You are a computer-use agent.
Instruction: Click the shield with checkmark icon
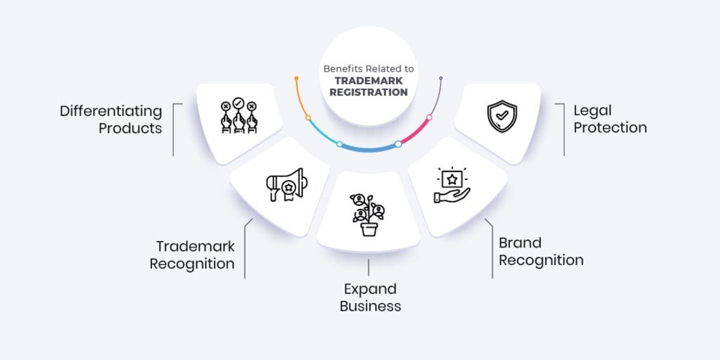(x=502, y=117)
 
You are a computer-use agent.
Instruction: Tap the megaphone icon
(x=285, y=185)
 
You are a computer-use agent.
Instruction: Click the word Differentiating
(x=110, y=112)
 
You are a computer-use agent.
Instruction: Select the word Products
(x=130, y=129)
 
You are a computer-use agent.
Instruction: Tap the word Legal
(x=593, y=110)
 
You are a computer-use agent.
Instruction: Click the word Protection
(x=610, y=128)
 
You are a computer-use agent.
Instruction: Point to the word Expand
(x=370, y=289)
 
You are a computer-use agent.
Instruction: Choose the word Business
(x=371, y=306)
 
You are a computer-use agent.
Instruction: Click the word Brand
(x=520, y=243)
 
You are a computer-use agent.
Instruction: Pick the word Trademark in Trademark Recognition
(x=195, y=247)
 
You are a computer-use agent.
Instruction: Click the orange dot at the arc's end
(x=297, y=77)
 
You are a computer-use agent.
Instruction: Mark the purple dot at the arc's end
(x=441, y=78)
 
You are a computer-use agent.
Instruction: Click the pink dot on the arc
(x=429, y=117)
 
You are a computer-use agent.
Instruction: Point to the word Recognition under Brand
(x=541, y=260)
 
